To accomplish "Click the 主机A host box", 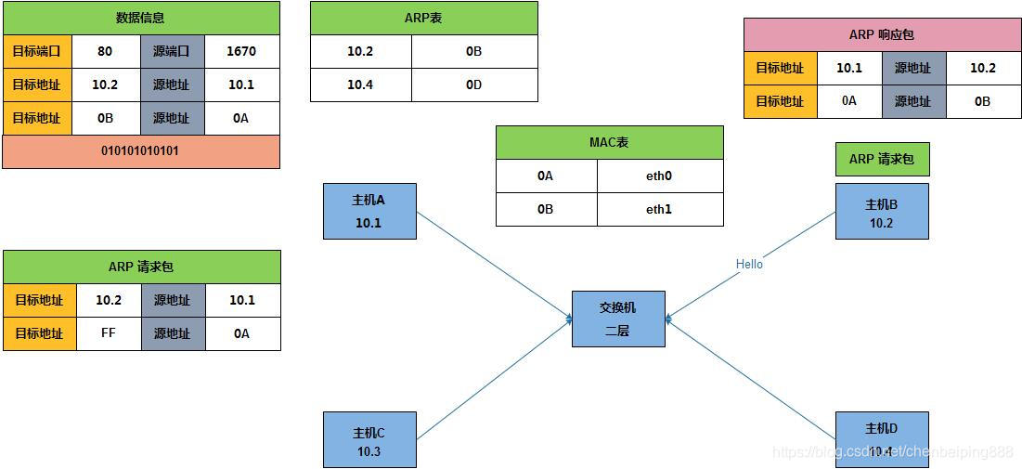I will click(369, 211).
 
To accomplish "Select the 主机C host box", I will click(369, 440).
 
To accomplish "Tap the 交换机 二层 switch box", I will click(618, 319).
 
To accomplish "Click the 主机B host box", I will click(882, 212).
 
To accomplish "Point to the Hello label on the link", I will click(749, 265).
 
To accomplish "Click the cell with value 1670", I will click(241, 52).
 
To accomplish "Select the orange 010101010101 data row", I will click(141, 151).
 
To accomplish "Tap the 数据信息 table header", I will click(141, 18).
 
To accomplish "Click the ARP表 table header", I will click(423, 18).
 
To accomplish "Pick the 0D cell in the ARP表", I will click(474, 85).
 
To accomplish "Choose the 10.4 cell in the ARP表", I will click(360, 85).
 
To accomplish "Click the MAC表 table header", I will click(609, 143).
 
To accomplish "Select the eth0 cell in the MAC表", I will click(659, 176).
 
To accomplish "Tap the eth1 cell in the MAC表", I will click(659, 209).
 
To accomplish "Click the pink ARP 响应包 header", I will click(882, 34).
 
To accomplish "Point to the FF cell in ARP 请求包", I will click(109, 333).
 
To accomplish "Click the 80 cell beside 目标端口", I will click(105, 52).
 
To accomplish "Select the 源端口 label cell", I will click(172, 52).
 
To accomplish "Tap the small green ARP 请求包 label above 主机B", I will click(882, 160).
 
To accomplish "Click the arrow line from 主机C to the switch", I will click(492, 380).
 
